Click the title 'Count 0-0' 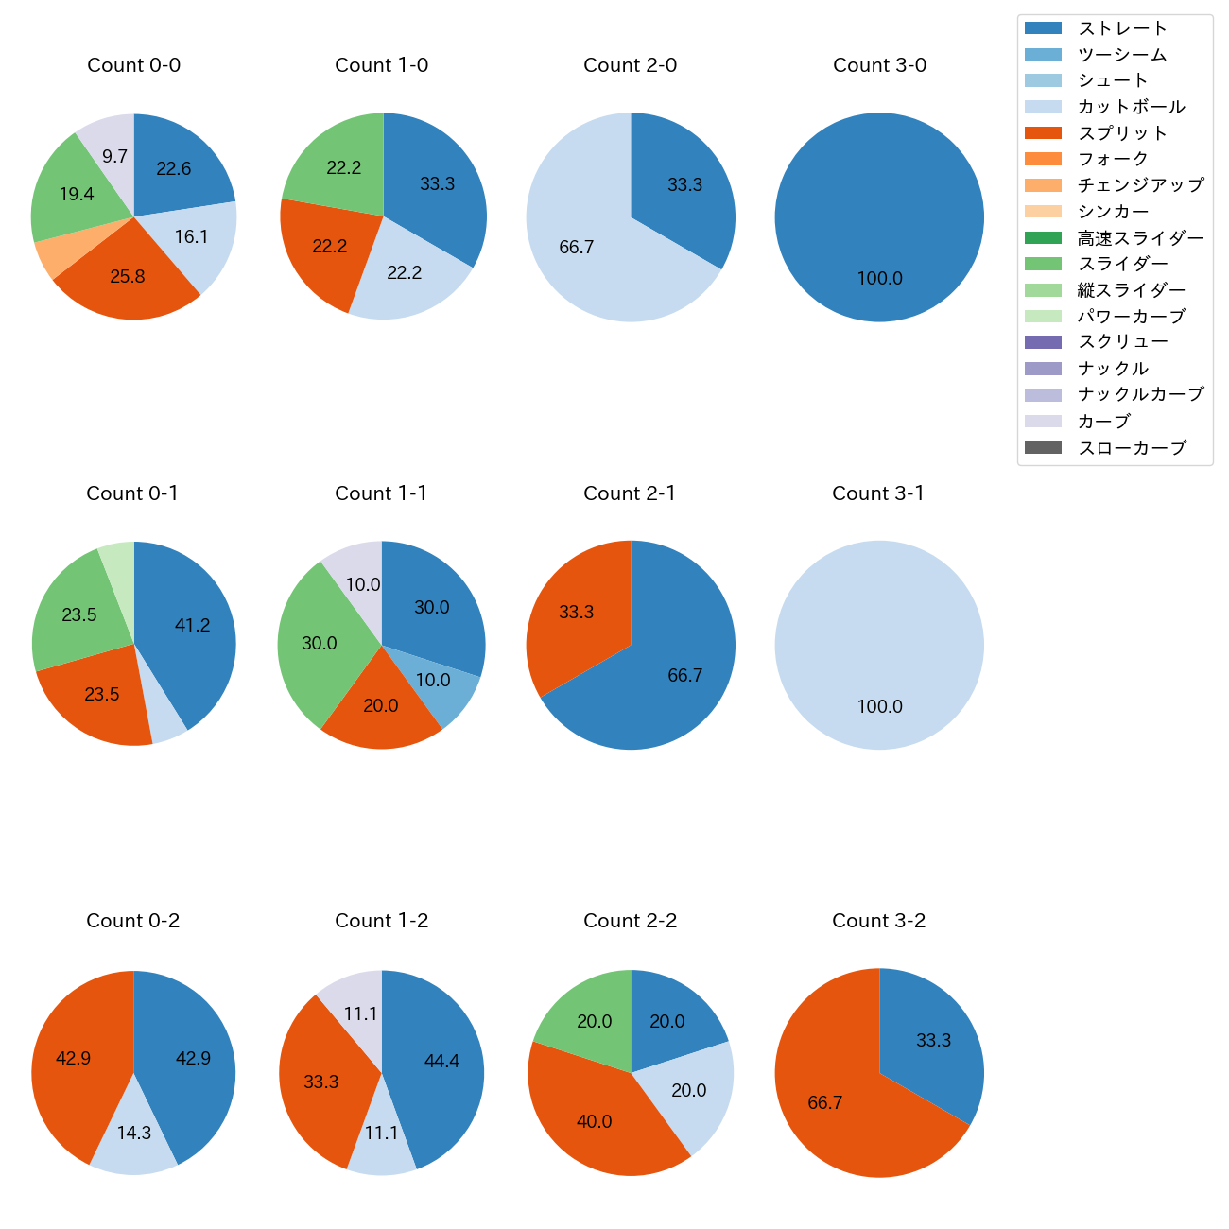(133, 65)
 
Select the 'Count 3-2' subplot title (878, 921)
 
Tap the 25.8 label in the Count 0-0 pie (128, 277)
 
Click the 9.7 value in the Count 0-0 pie (114, 157)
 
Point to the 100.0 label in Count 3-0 (879, 279)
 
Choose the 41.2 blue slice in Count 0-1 (189, 629)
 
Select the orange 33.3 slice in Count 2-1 (572, 614)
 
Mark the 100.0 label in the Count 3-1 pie (879, 707)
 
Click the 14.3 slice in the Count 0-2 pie (134, 1139)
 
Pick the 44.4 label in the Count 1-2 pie (441, 1062)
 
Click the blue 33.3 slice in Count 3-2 (931, 1035)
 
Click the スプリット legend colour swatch (1043, 133)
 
